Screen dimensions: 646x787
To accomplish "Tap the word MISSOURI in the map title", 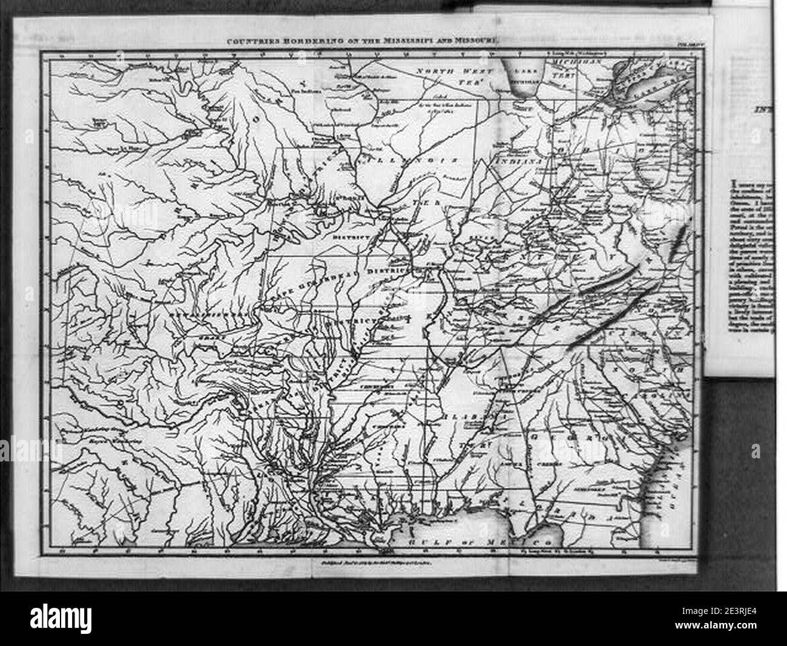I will pos(473,41).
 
